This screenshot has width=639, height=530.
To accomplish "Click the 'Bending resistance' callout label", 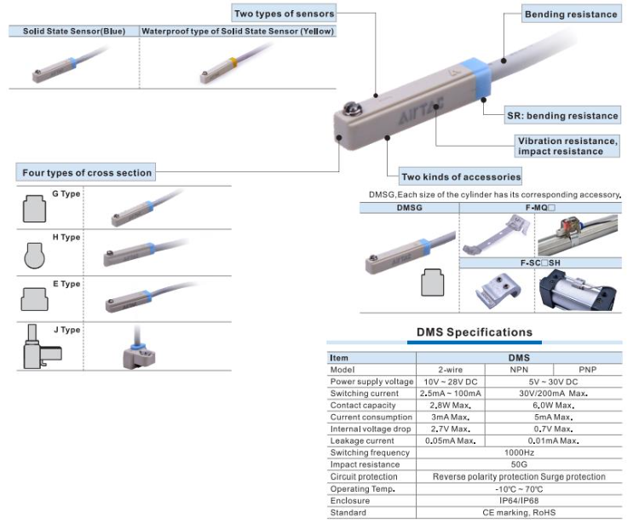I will point(570,14).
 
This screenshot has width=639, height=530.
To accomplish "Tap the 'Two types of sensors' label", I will point(285,14).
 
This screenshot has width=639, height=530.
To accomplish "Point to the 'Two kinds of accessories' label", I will point(461,176).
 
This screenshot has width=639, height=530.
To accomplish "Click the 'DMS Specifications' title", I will point(474,332).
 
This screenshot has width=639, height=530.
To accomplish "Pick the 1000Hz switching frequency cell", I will point(519,452).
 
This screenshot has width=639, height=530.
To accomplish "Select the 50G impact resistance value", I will point(519,464).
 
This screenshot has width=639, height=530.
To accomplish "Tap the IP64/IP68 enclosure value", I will point(519,500).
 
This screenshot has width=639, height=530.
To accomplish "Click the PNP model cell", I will point(588,370).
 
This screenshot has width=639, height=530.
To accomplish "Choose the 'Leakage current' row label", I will point(362,441).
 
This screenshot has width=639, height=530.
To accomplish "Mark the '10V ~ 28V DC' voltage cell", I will point(450,382).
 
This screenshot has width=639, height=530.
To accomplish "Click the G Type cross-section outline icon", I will point(33,207).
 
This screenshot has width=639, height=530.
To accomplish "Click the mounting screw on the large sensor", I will point(349,110).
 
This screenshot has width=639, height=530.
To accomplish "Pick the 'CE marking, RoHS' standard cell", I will point(519,512).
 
